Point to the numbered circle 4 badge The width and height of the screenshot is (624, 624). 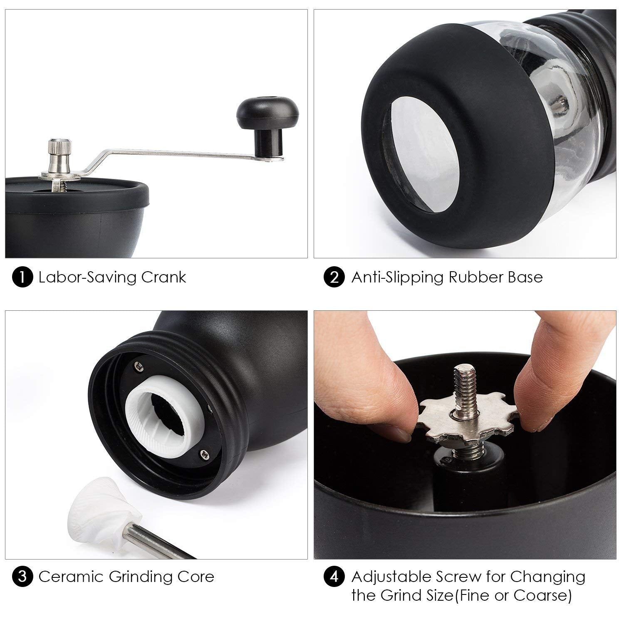334,577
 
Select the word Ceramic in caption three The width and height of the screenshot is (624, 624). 71,577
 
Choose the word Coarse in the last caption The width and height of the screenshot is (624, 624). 540,596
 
